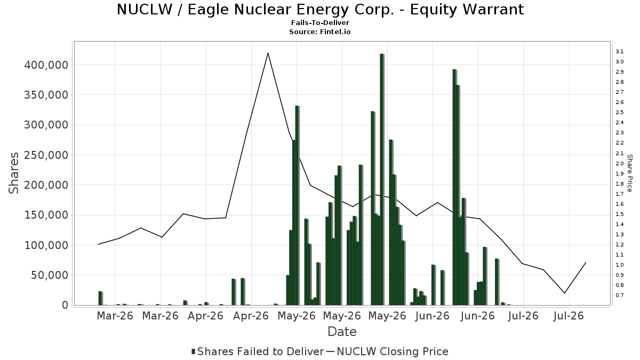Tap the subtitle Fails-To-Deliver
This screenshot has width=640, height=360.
[x=320, y=22]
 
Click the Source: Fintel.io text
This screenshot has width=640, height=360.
[x=320, y=31]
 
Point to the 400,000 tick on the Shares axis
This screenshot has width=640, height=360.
[x=46, y=65]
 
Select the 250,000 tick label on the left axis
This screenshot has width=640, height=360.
[x=46, y=155]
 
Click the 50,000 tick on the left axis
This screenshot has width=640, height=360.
[x=50, y=275]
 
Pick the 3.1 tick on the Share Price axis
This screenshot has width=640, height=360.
[x=619, y=51]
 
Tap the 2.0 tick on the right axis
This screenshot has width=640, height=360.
[x=619, y=163]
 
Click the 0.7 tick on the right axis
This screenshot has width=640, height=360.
[x=619, y=295]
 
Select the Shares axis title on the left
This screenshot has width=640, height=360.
[x=13, y=173]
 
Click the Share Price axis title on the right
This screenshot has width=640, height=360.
[x=630, y=173]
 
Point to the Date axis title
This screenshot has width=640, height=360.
[x=342, y=332]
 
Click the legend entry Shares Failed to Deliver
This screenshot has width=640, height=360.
[x=258, y=351]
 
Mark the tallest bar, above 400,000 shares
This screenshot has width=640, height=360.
[x=382, y=179]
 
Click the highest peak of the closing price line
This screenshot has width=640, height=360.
[x=268, y=53]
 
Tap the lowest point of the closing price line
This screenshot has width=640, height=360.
[x=565, y=293]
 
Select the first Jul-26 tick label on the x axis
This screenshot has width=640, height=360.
[x=523, y=316]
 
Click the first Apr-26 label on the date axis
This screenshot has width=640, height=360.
[x=206, y=316]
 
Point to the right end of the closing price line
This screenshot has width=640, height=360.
[x=586, y=262]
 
